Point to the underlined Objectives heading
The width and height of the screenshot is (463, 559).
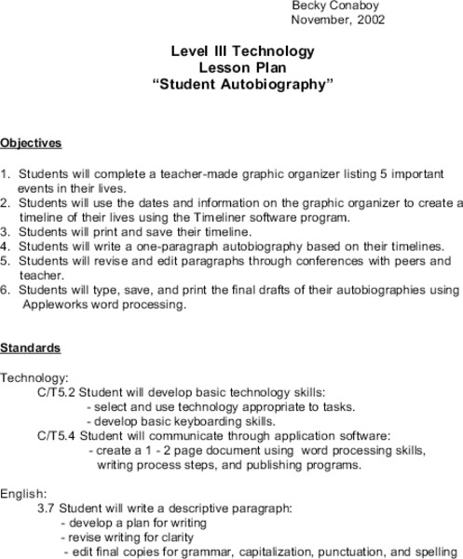pos(31,143)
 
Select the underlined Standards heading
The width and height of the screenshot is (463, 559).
pos(31,348)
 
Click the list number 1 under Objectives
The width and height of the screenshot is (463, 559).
pos(5,174)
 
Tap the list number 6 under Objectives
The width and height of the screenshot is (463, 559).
pos(5,290)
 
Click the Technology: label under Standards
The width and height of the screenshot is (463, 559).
pos(34,377)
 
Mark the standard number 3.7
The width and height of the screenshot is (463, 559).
pos(46,509)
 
